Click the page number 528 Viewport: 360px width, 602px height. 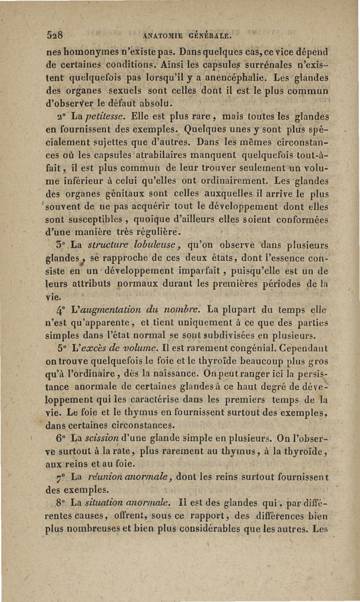pos(56,36)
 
